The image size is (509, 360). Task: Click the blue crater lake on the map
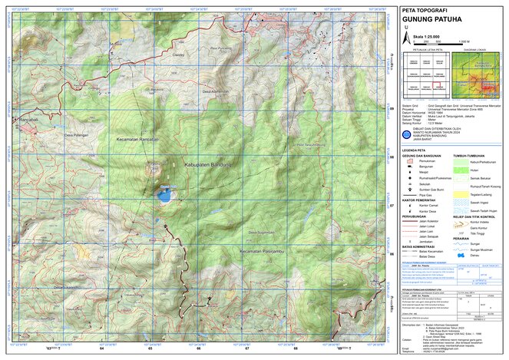click(164, 195)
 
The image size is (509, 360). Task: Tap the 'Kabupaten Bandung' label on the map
click(209, 164)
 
